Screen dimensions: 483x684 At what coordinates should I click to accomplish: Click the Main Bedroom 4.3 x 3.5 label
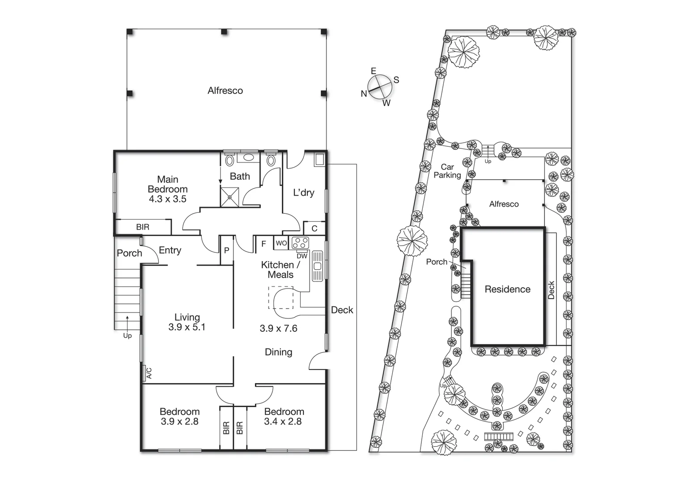pos(167,189)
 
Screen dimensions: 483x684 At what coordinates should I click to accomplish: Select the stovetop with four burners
pos(300,243)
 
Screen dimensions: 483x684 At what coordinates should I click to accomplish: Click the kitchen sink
pos(318,266)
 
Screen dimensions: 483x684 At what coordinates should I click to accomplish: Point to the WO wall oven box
pos(281,243)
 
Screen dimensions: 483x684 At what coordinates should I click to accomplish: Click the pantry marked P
pos(226,250)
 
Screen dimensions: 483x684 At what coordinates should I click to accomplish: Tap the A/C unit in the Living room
pos(147,373)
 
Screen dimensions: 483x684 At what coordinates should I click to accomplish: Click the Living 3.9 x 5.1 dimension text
pos(187,322)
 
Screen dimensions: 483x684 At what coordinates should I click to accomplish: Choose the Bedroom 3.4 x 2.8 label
pos(284,416)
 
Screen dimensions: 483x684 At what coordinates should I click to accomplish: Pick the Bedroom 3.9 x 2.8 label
pos(179,416)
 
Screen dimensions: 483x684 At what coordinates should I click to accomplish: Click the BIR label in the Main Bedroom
pos(143,227)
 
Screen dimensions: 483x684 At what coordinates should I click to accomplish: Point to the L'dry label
pos(303,193)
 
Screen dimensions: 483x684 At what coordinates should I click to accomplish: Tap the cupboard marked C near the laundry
pos(314,229)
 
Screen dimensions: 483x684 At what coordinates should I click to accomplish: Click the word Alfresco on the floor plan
pos(225,91)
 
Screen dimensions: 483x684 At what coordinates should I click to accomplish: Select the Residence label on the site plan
pos(507,289)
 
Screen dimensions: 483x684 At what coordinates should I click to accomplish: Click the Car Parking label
pos(447,171)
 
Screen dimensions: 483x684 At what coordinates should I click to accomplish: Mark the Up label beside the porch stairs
pos(127,335)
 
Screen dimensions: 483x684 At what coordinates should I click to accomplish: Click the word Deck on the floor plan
pos(342,310)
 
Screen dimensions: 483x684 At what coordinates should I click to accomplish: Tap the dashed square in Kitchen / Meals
pos(280,298)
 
